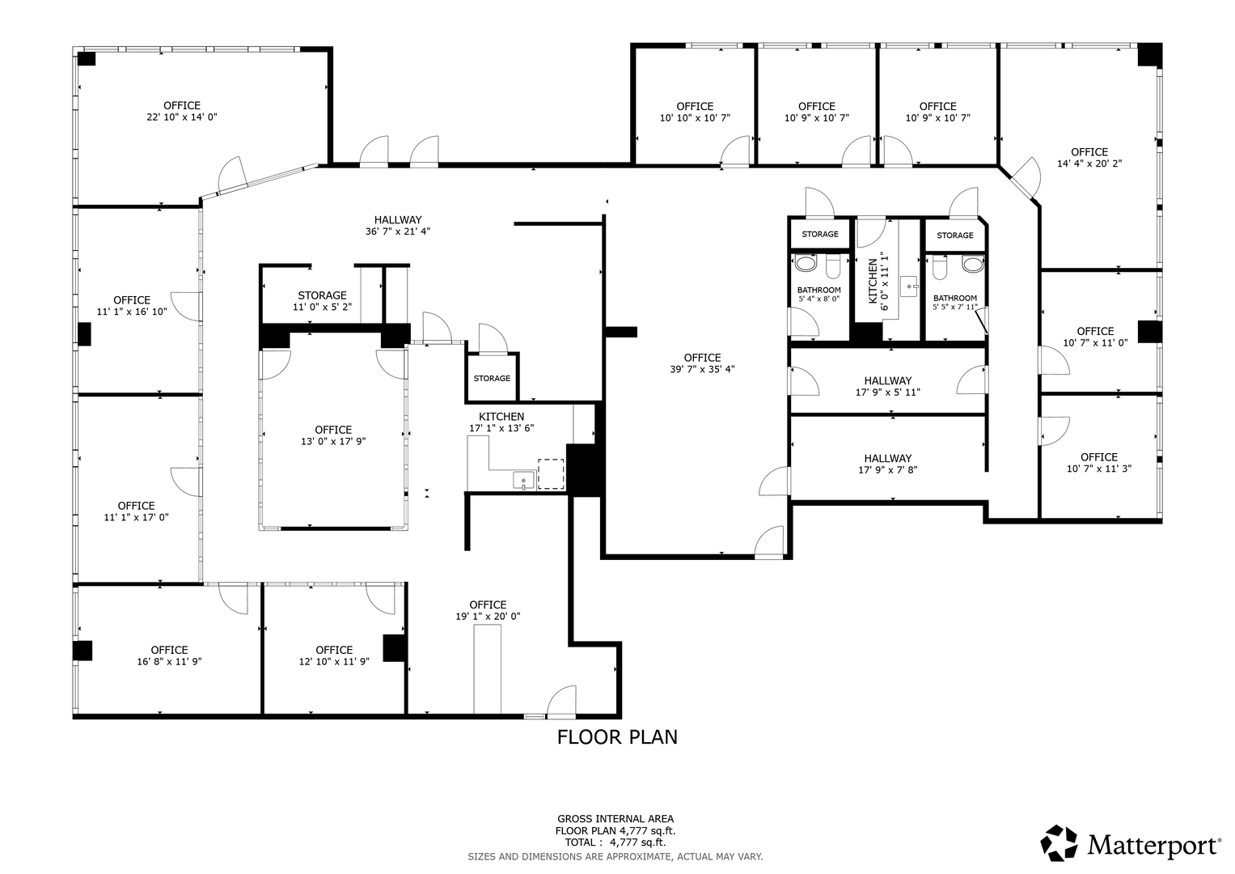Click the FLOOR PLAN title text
[x=617, y=737]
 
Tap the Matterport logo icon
[x=1059, y=843]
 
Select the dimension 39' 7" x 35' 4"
[x=702, y=369]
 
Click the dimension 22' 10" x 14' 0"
[x=182, y=117]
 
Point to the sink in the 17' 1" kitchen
[x=523, y=480]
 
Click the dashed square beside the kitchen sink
[x=551, y=474]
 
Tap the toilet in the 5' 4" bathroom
[x=832, y=266]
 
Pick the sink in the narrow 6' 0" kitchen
[x=908, y=287]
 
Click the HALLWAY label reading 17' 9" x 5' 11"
[x=888, y=386]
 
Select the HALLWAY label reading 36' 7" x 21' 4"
[x=398, y=225]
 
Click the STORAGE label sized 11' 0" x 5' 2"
[x=323, y=301]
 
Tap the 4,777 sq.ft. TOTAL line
[x=615, y=842]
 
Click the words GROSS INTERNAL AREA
[x=615, y=819]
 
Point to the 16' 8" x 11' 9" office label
[x=169, y=655]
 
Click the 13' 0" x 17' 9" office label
[x=333, y=435]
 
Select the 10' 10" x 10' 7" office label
[x=695, y=112]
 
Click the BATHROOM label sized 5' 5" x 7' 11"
[x=955, y=303]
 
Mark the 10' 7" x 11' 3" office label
[x=1099, y=463]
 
